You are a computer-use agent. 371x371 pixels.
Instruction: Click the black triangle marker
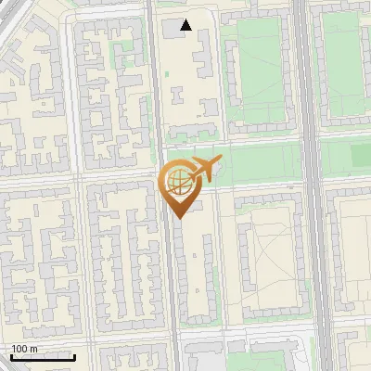[186, 25]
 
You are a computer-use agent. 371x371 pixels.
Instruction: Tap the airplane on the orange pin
[203, 170]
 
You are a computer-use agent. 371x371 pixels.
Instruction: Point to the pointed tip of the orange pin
[178, 216]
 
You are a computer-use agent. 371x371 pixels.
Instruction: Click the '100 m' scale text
[25, 348]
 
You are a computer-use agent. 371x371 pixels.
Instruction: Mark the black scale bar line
[44, 357]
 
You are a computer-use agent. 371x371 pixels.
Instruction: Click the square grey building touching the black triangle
[174, 28]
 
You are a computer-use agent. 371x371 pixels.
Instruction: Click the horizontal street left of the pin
[83, 175]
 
